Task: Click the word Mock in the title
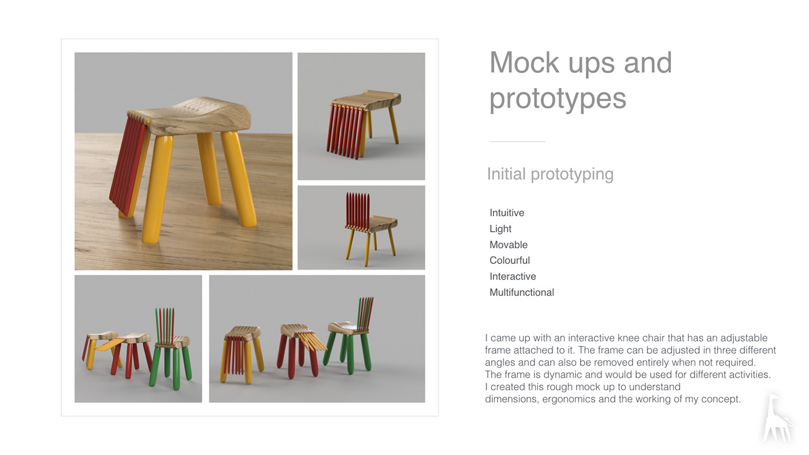pos(525,62)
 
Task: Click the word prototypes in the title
pos(558,99)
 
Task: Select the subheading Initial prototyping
pos(550,174)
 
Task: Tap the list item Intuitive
pos(507,212)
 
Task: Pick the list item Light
pos(500,229)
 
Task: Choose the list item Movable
pos(509,245)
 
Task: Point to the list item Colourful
pos(510,260)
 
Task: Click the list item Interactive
pos(513,277)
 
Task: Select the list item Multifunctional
pos(522,292)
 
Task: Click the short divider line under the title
pos(517,141)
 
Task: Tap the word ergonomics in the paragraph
pos(569,399)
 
